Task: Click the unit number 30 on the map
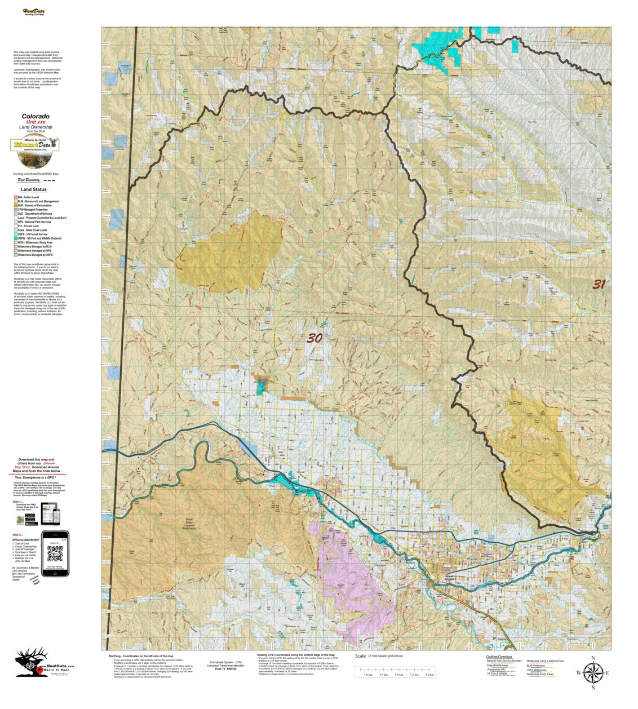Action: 314,338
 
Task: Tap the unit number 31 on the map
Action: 599,285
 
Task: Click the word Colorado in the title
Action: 36,117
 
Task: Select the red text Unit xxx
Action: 36,122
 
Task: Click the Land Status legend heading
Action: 34,189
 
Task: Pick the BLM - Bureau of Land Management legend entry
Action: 38,201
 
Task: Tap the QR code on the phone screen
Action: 55,554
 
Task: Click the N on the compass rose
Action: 593,658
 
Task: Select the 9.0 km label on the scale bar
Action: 429,674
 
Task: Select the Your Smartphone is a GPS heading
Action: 37,477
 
